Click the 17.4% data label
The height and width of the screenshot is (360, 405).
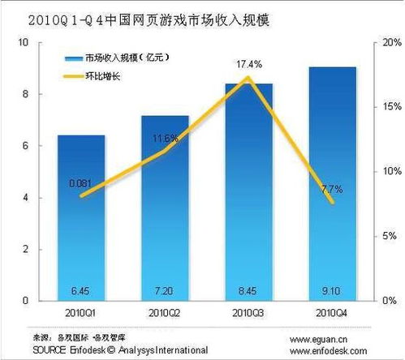click(248, 63)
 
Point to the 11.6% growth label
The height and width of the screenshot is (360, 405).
click(165, 139)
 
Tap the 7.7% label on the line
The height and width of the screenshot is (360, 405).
click(333, 189)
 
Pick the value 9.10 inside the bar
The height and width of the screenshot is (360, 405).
click(332, 290)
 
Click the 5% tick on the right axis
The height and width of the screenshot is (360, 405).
click(385, 236)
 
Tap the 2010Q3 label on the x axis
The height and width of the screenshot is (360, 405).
click(248, 311)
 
